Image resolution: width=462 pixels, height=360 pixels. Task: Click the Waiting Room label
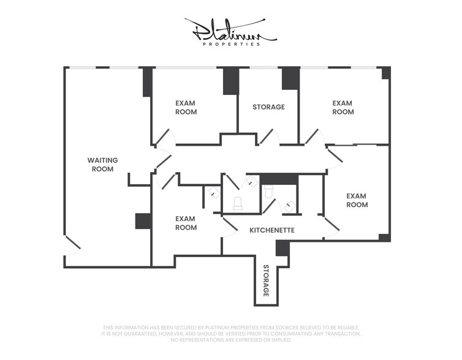point(102,165)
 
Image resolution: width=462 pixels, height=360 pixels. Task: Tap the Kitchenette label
point(272,231)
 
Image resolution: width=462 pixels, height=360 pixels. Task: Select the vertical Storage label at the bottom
point(267,281)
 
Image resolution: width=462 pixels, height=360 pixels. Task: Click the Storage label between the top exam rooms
point(268,107)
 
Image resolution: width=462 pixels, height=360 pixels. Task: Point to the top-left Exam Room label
point(186,108)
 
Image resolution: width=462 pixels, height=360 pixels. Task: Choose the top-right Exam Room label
point(343,108)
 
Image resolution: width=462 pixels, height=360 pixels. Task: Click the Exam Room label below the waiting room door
point(186,223)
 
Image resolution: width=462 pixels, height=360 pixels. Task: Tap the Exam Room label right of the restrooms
point(357,200)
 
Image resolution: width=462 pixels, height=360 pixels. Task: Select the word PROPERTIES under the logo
point(231,44)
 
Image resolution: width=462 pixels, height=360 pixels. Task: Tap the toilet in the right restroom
point(268,191)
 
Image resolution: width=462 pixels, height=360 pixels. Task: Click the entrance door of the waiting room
point(72,247)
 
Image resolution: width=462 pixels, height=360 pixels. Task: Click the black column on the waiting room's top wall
point(147,82)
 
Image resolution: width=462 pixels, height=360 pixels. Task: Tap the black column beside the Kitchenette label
point(282,248)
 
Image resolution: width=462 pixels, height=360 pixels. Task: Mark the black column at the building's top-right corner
point(385,73)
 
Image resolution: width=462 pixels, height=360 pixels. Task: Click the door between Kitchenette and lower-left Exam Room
point(230,226)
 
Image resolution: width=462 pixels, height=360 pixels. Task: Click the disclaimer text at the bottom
point(231,334)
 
